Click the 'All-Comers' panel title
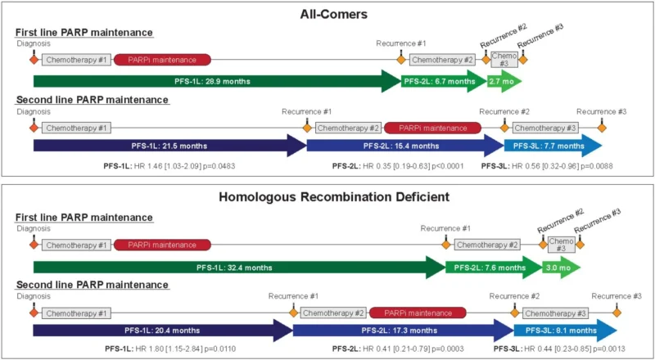click(327, 14)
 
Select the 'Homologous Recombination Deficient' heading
click(327, 196)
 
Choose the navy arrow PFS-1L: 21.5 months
click(168, 146)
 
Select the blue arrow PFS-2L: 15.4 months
click(403, 146)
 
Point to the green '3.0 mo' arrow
click(560, 267)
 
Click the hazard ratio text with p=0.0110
click(179, 349)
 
